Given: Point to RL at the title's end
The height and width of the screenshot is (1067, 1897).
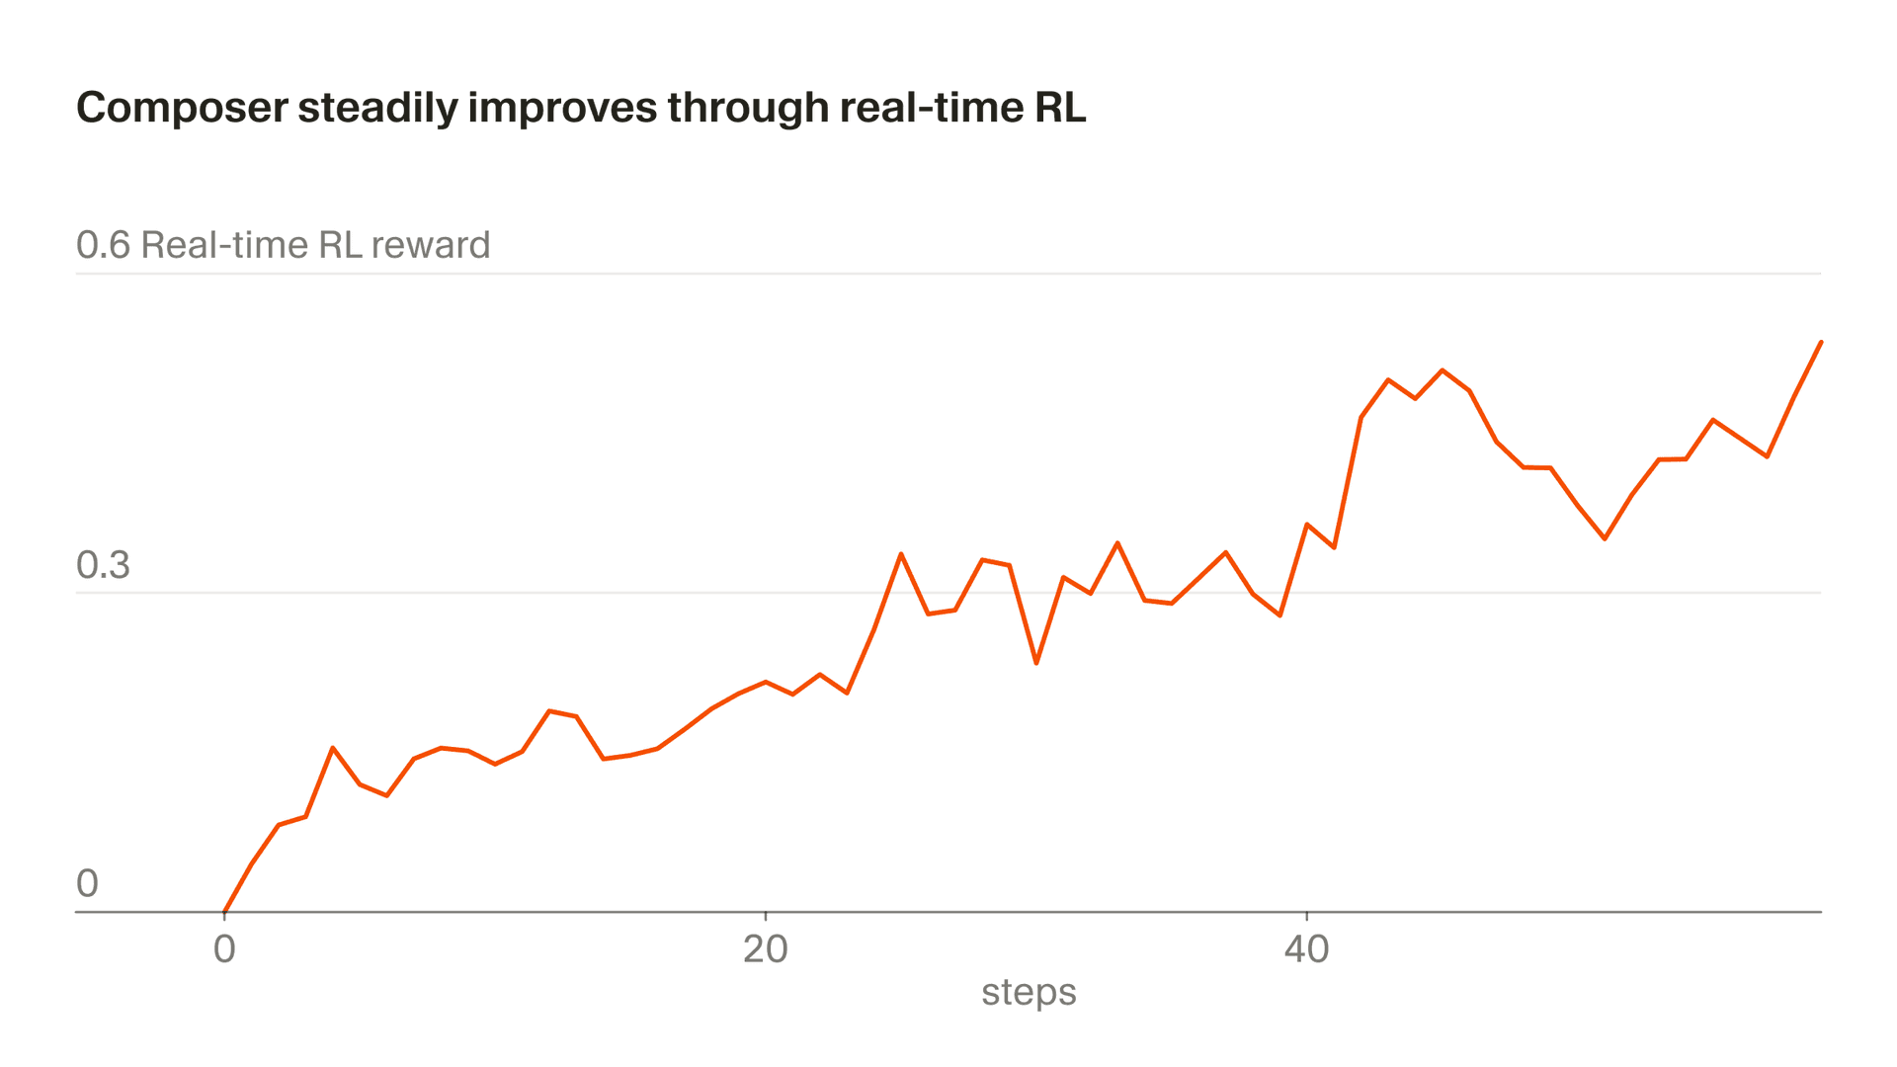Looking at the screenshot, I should (x=1060, y=108).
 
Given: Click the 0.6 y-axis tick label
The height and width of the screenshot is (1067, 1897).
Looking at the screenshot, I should (x=103, y=245).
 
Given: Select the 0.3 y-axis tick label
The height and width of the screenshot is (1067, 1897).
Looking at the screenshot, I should (x=103, y=565).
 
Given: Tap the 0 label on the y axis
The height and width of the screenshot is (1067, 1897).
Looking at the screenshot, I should (x=87, y=884).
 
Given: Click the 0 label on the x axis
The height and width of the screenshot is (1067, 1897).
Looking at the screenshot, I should (x=224, y=949).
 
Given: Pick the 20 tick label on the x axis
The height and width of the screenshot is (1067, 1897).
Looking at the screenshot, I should (x=765, y=949).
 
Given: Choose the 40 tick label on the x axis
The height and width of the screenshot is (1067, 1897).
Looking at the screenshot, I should (x=1306, y=949).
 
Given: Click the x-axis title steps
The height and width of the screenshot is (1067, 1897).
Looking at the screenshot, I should (x=1029, y=992).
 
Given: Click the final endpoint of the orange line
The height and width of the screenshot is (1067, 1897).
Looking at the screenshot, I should (x=1821, y=342).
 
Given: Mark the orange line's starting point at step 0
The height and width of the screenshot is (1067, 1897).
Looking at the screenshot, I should (x=225, y=911).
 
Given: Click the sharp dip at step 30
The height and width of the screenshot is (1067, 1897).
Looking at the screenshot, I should (x=1036, y=663).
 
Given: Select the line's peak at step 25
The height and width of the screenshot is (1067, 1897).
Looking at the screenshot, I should (x=901, y=554).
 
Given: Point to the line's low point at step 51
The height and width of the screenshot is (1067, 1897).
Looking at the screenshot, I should (x=1605, y=538).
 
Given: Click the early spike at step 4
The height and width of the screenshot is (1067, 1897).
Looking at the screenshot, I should (x=333, y=748).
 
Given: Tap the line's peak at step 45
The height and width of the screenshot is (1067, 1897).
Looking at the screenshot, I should (x=1443, y=370).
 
